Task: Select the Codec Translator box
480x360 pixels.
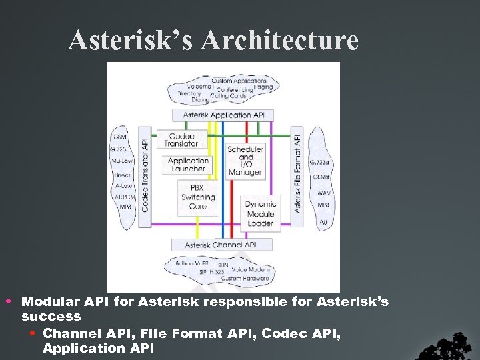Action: (181, 139)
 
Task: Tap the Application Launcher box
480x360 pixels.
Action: (188, 165)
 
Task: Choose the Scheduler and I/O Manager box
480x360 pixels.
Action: (245, 160)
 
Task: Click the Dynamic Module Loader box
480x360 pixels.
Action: (260, 213)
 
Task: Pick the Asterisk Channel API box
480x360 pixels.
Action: (221, 245)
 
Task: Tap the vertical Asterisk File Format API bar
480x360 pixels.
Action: (298, 172)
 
